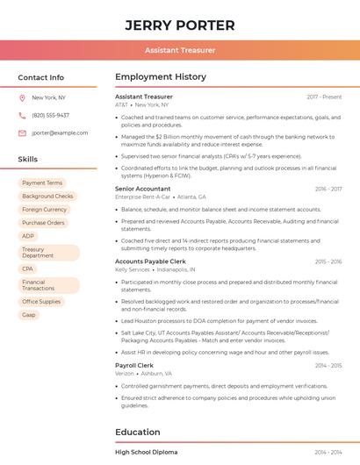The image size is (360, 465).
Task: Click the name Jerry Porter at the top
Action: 179,25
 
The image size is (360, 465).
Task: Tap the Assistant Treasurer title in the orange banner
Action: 179,50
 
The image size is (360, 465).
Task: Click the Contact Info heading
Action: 41,77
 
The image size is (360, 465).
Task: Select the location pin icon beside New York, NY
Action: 22,97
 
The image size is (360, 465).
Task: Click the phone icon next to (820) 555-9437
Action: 22,115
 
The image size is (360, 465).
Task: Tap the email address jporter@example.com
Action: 60,132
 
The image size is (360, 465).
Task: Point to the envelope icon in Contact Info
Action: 22,132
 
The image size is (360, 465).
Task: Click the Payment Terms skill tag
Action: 42,183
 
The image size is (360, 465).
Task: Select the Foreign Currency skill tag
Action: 44,210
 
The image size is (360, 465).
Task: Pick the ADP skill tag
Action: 28,236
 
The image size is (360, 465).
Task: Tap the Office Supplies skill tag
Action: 41,301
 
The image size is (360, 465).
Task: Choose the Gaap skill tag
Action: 29,314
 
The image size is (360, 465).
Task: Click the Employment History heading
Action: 161,77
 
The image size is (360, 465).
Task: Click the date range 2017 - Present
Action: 324,97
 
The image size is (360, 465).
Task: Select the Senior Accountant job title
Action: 142,189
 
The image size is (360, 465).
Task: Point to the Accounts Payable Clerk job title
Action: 150,261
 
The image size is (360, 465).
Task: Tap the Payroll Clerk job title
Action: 134,365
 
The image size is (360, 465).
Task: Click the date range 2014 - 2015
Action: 328,365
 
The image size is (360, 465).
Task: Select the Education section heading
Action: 138,432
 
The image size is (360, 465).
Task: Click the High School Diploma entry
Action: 147,452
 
